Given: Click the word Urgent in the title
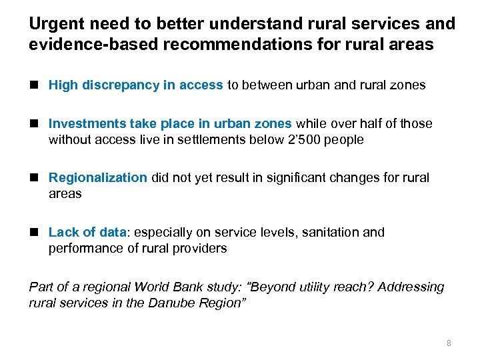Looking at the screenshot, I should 55,24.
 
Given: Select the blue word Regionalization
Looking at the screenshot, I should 97,177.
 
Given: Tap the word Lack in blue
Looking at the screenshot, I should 63,232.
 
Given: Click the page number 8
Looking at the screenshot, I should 449,343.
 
